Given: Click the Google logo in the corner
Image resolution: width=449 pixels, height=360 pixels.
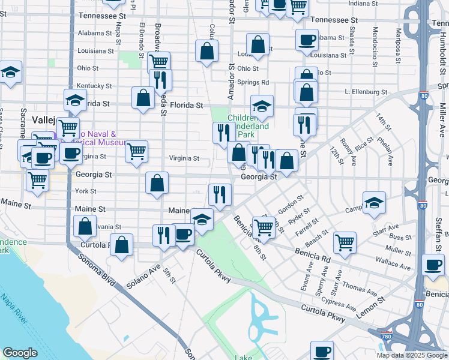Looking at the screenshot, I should tap(20, 353).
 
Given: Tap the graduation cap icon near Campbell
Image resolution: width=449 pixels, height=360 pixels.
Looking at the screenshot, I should tap(374, 203).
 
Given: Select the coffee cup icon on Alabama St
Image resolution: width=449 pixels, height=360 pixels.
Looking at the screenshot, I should tap(307, 40).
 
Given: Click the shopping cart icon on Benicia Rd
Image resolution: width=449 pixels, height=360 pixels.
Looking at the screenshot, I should tap(263, 226).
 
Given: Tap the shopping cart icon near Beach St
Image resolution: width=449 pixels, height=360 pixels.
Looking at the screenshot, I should tap(345, 242).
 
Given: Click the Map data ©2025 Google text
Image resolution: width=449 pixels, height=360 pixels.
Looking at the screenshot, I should tap(412, 355).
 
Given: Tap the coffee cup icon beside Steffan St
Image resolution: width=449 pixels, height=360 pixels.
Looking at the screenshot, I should tap(433, 265).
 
